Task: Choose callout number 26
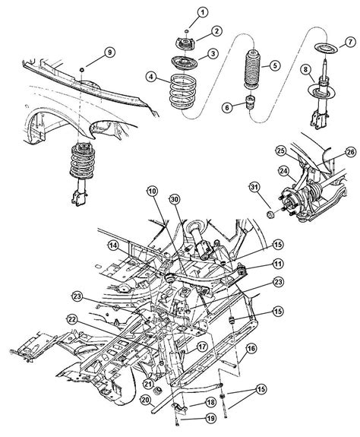point(350,152)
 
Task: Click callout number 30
point(175,200)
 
